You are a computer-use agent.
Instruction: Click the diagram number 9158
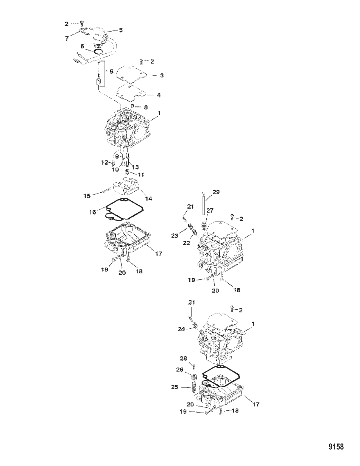tap(336, 447)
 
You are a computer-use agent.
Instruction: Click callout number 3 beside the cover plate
tap(162, 75)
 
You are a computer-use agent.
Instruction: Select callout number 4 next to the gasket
tap(159, 95)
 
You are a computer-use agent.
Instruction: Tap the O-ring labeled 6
tap(98, 51)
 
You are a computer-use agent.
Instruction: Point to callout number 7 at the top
tap(67, 39)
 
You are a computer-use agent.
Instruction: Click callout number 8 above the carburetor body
tap(146, 107)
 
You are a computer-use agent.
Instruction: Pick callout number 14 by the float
tap(148, 199)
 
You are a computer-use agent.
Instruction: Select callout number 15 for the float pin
tap(87, 196)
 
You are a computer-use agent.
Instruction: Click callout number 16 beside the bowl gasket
tap(93, 212)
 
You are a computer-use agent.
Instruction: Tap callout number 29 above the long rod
tap(216, 192)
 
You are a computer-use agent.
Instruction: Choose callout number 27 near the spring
tap(210, 211)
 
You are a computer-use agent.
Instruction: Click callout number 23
tap(175, 236)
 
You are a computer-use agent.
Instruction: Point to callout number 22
tap(186, 243)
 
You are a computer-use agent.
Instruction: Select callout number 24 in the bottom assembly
tap(181, 329)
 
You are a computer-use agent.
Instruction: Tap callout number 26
tap(179, 370)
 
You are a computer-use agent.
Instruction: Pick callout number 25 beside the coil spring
tap(175, 387)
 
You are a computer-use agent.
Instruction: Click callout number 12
tap(105, 163)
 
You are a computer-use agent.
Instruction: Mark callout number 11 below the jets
tap(141, 175)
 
